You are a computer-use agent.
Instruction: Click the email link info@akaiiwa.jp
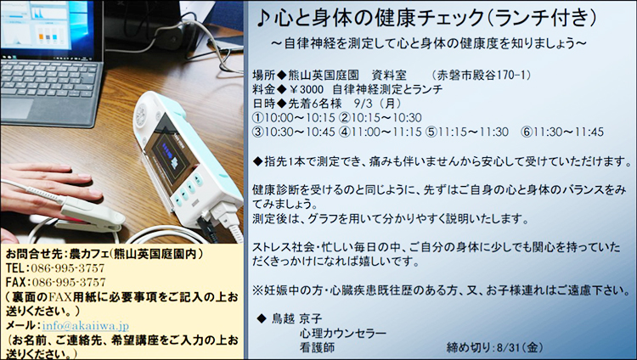(x=85, y=326)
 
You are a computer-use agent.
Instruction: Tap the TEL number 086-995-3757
(x=68, y=268)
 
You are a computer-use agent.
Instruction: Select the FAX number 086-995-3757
(x=69, y=283)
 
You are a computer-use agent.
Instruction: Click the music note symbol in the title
(x=263, y=19)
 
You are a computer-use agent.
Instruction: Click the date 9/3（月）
(x=378, y=104)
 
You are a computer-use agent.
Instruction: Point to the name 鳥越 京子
(x=296, y=318)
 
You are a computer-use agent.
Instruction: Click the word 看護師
(x=317, y=347)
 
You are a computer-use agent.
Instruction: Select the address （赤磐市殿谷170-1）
(x=482, y=76)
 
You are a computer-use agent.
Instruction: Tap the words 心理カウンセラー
(x=343, y=333)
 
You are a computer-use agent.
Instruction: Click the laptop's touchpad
(x=16, y=109)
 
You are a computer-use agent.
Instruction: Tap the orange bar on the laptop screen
(x=41, y=37)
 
